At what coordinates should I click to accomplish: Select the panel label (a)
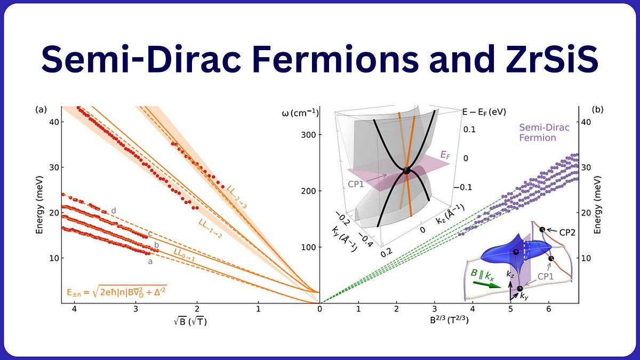tap(41, 109)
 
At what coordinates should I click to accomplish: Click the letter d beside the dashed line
tap(113, 211)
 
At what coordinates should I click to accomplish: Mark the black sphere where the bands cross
tap(406, 171)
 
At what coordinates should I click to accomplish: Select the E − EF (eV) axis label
tap(483, 112)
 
